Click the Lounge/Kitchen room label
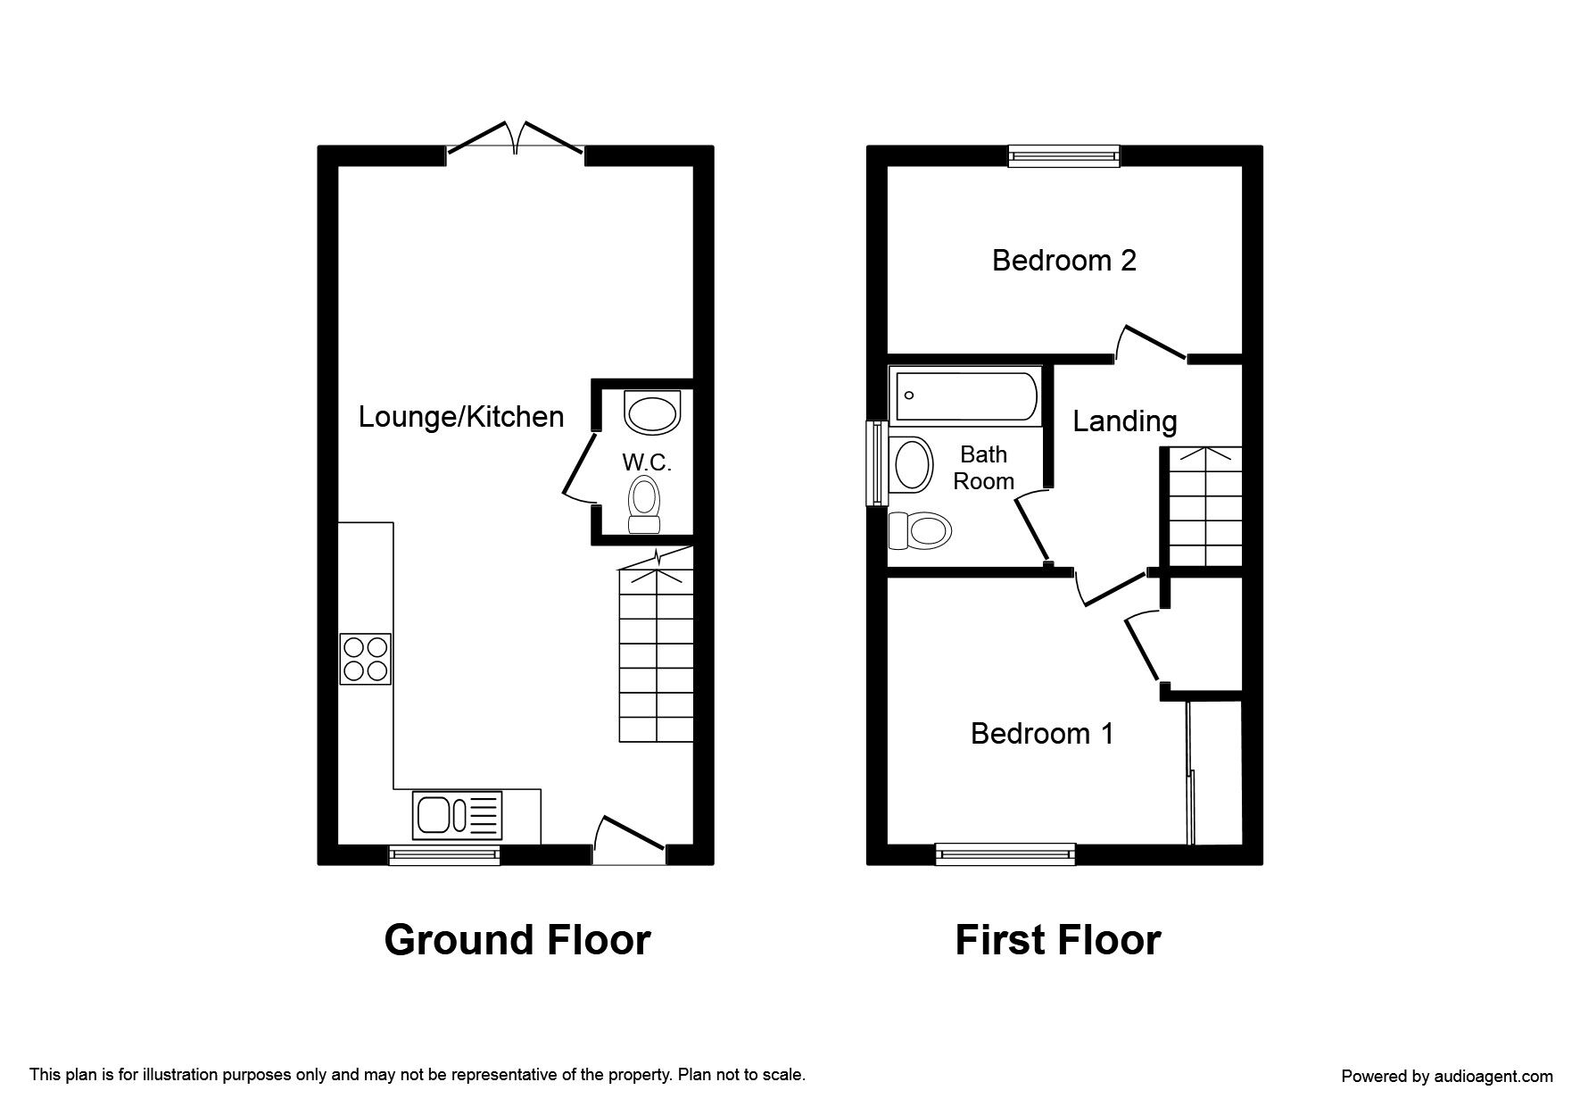click(461, 417)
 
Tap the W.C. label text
click(647, 462)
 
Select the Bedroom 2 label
click(1064, 260)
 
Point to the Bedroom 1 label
click(1042, 733)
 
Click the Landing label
click(1124, 420)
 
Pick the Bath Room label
click(983, 468)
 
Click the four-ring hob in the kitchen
click(366, 659)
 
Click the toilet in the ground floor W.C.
click(643, 504)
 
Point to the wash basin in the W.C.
click(653, 412)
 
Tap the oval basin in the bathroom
click(912, 464)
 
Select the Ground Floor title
click(517, 940)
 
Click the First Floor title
click(1058, 940)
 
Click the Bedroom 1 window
click(1005, 854)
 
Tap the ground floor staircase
click(656, 645)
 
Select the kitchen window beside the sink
click(444, 854)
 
